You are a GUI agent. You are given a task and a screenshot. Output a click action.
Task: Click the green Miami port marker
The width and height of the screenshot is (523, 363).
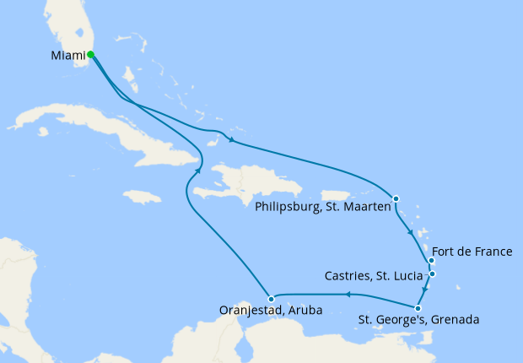tap(90, 55)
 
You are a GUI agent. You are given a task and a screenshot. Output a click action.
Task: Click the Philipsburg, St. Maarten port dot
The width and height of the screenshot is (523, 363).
tap(396, 198)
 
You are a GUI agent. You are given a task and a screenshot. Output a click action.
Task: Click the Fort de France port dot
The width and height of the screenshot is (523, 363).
tap(431, 260)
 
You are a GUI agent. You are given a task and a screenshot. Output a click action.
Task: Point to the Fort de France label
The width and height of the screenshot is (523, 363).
tap(472, 252)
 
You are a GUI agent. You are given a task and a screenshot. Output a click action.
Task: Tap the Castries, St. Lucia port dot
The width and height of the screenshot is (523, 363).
tap(432, 274)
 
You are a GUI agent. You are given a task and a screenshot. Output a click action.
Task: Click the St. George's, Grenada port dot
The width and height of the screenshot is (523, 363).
tap(418, 308)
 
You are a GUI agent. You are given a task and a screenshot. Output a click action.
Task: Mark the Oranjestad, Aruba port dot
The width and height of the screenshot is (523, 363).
tap(270, 299)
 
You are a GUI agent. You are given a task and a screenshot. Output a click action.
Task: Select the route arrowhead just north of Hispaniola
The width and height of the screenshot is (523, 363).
tap(230, 141)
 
